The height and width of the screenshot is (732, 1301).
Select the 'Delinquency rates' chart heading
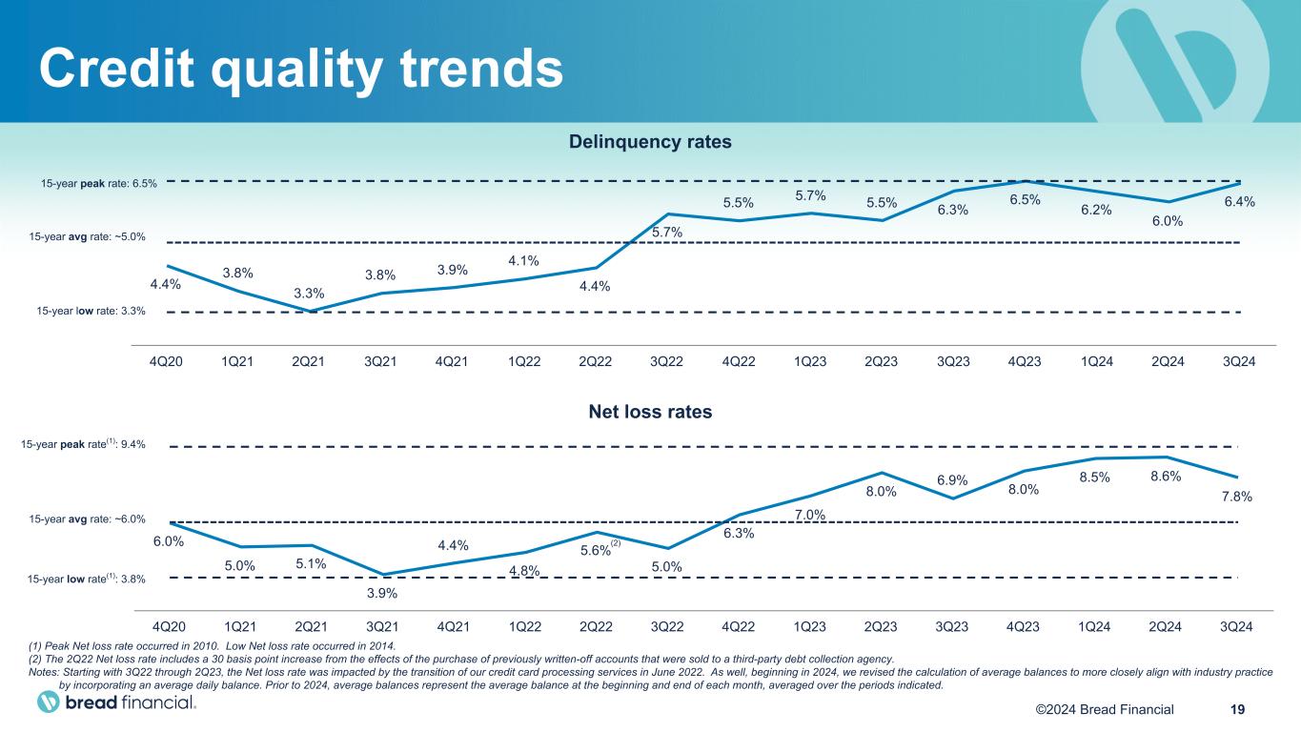(x=650, y=142)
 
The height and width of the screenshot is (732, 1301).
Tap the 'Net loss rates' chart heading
(x=650, y=413)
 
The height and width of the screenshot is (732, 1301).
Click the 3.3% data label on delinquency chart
(x=309, y=293)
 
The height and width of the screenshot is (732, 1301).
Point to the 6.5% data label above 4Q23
(x=1026, y=199)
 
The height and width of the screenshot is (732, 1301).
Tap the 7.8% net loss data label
(x=1236, y=497)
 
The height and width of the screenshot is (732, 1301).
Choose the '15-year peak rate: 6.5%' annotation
(x=99, y=183)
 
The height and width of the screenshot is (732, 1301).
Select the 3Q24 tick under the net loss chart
(x=1236, y=626)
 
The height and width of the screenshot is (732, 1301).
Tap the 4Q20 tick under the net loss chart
(x=169, y=626)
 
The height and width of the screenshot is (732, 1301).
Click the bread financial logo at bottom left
(x=116, y=703)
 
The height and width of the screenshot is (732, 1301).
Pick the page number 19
(x=1238, y=709)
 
